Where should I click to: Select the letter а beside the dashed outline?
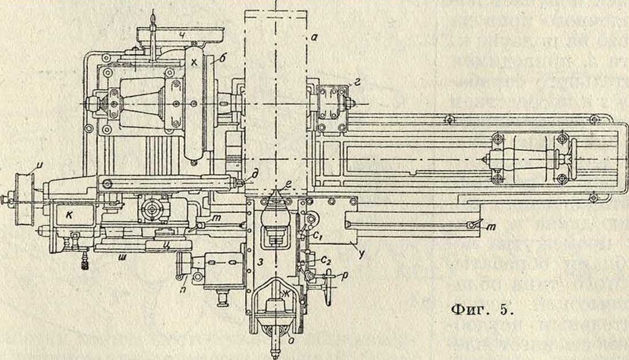pos(314,38)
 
